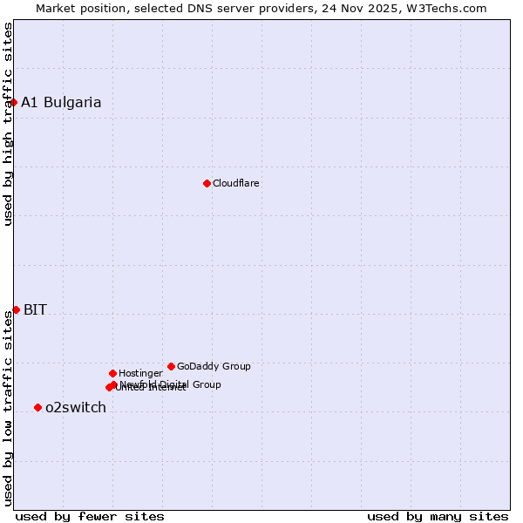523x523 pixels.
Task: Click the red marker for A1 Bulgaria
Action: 13,102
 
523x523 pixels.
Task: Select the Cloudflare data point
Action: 207,183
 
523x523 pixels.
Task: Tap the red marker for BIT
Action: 16,309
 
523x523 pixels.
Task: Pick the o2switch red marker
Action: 37,407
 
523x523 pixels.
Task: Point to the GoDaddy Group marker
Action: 171,366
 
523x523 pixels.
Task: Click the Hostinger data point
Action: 112,373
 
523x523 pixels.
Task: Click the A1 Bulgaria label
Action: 61,102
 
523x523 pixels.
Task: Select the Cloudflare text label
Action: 236,183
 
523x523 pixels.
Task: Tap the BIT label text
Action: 35,309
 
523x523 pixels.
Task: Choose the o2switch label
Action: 76,407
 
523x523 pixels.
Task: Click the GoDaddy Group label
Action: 214,366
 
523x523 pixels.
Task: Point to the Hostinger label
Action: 140,373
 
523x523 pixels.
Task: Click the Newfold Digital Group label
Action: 170,384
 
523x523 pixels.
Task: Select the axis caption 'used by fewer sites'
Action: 90,516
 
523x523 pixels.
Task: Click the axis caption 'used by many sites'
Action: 438,516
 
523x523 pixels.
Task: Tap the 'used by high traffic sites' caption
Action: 8,124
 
